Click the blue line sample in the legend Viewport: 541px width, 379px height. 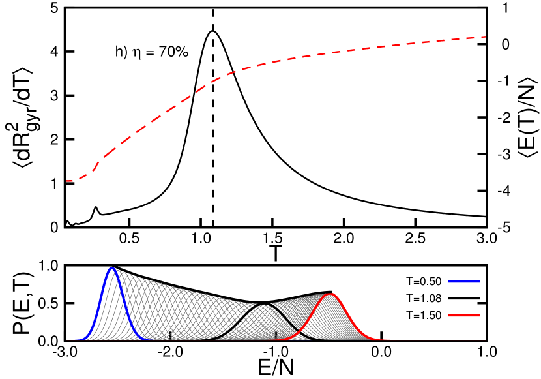[464, 281]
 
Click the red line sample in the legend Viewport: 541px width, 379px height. [464, 315]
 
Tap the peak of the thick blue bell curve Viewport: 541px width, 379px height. [112, 268]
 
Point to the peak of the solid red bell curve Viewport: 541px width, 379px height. [331, 294]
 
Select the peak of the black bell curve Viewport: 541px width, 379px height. [267, 305]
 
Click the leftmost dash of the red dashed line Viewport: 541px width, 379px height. [69, 181]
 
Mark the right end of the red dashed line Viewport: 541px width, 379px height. [485, 37]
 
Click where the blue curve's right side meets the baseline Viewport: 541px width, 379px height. [149, 339]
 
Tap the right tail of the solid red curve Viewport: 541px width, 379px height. [385, 339]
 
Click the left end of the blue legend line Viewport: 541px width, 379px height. [449, 281]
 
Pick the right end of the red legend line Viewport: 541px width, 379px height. [480, 315]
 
